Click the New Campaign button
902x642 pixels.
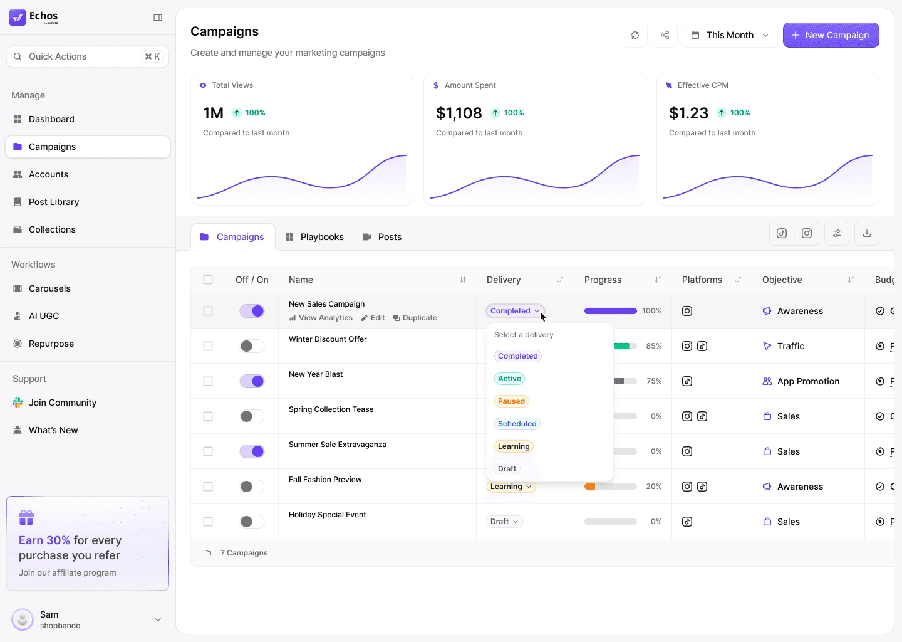coord(831,35)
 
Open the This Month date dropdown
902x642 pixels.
coord(730,35)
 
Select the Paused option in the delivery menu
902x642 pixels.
coord(512,401)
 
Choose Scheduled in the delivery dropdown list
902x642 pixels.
coord(517,424)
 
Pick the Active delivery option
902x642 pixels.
coord(509,379)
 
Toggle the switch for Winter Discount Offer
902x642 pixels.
coord(252,346)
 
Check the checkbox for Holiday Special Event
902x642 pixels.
coord(208,522)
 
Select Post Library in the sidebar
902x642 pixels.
coord(54,202)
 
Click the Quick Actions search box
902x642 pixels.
coord(87,56)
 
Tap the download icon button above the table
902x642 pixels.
coord(867,233)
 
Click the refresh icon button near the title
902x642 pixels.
coord(635,35)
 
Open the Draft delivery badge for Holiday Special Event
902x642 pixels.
coord(504,522)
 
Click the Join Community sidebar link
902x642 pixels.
coord(63,403)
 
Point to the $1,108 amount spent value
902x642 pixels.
coord(459,113)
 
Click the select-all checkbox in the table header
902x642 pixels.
coord(208,280)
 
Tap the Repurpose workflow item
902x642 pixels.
coord(51,344)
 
